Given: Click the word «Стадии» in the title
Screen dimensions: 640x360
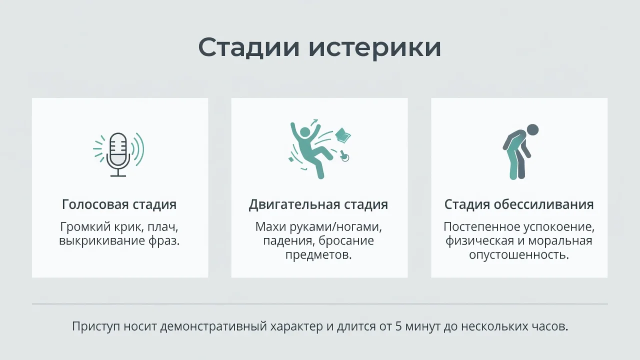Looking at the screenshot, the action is tap(248, 47).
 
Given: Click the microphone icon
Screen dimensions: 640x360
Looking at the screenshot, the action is tap(118, 154).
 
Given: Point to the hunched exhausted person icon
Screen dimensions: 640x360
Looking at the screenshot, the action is tap(519, 152).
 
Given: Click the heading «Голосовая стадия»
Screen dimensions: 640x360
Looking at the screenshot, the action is tap(119, 204).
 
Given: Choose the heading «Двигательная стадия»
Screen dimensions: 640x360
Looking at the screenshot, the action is tap(318, 204).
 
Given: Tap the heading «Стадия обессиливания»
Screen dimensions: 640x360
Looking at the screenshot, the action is tap(519, 204).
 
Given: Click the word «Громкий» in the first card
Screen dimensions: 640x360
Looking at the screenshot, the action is tap(85, 227).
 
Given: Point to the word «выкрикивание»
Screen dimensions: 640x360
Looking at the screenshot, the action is tap(101, 241).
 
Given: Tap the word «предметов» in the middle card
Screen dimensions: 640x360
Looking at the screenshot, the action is tap(318, 254).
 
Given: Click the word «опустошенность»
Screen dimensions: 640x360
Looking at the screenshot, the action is tap(519, 254).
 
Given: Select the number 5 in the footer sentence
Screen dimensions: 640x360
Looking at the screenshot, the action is tap(398, 326).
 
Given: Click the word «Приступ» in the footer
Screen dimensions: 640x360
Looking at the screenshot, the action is tap(96, 326).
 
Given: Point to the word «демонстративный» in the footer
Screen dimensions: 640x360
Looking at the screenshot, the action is tap(213, 326).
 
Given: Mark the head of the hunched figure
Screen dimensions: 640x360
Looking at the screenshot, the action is tap(532, 130).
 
